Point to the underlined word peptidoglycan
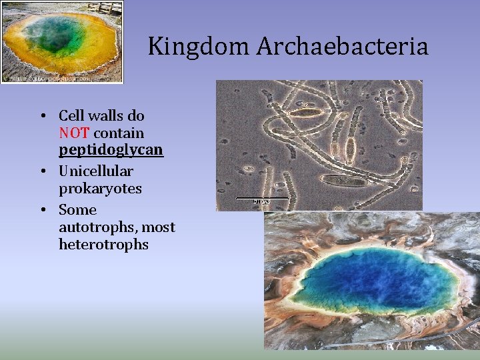[111, 150]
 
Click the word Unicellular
[96, 171]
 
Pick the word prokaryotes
[100, 189]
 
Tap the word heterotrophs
[103, 245]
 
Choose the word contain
[119, 133]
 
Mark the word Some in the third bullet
[77, 210]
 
